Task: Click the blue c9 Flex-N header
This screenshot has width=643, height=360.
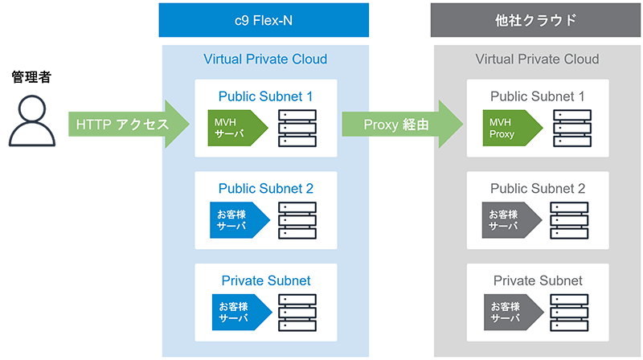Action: pyautogui.click(x=264, y=20)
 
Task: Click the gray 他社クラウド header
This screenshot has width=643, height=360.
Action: pyautogui.click(x=536, y=20)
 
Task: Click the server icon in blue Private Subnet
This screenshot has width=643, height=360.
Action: pyautogui.click(x=297, y=312)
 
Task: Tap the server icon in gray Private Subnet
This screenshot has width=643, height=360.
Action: pyautogui.click(x=569, y=312)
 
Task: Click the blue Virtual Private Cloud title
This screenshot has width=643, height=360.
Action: pyautogui.click(x=265, y=59)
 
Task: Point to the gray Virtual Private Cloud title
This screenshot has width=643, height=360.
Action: pyautogui.click(x=537, y=59)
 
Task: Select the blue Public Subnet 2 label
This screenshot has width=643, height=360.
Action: pyautogui.click(x=265, y=189)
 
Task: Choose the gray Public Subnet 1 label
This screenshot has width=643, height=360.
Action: pyautogui.click(x=537, y=96)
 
